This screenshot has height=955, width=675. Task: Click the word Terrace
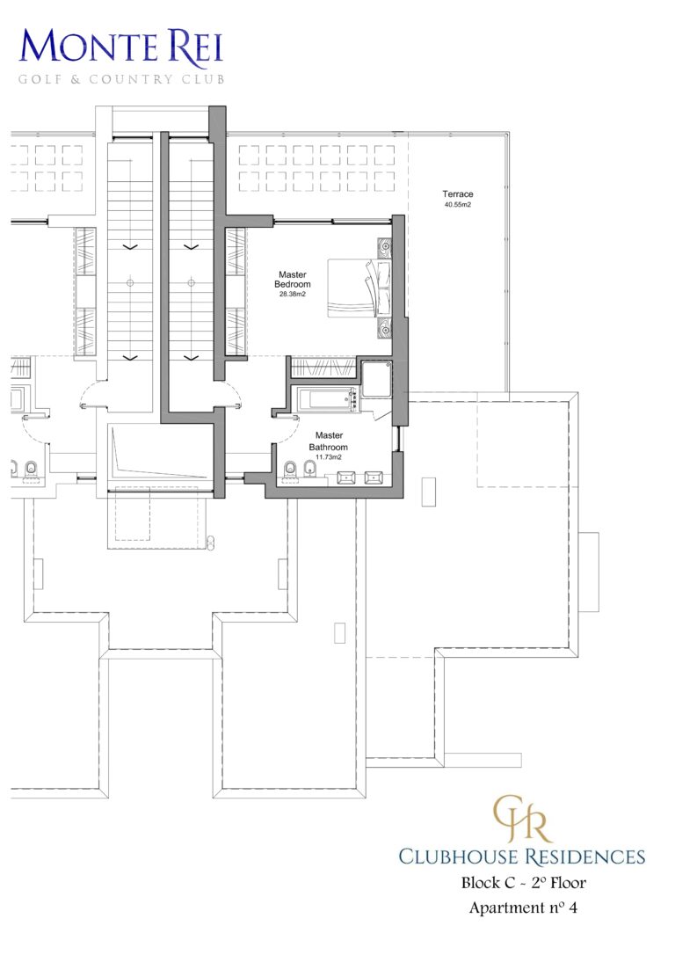[x=457, y=193]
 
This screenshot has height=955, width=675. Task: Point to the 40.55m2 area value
[x=457, y=205]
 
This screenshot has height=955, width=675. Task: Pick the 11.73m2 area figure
[x=329, y=457]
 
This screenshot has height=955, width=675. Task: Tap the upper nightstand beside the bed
[x=384, y=247]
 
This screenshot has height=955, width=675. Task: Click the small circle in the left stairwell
[x=130, y=283]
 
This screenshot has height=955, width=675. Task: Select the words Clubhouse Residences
[x=522, y=856]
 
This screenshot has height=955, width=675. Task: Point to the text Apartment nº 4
[x=522, y=908]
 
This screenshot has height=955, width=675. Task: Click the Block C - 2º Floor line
[x=522, y=883]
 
